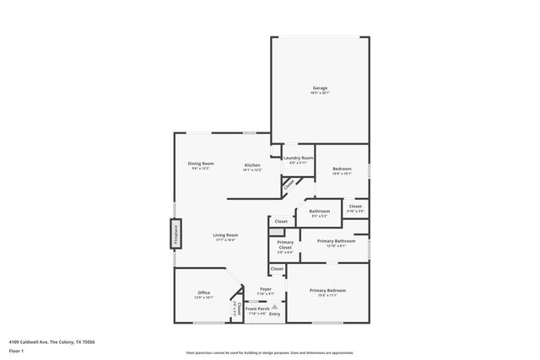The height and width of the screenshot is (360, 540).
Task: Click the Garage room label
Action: [320, 88]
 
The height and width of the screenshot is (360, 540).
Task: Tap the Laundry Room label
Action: [299, 159]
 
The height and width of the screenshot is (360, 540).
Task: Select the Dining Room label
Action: [201, 164]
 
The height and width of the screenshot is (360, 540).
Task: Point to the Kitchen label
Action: [252, 165]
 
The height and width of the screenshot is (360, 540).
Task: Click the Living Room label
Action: [225, 235]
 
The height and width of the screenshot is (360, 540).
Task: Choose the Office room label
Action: [204, 293]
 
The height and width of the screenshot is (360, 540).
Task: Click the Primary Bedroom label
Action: [328, 290]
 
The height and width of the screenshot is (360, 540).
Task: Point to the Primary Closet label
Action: [285, 245]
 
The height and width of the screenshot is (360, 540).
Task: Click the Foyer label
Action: [266, 289]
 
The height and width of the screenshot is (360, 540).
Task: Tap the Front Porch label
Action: [257, 310]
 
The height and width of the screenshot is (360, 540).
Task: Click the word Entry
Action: [274, 314]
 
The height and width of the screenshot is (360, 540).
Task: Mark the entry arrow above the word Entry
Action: [274, 306]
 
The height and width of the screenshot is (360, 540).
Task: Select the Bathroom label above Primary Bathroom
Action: [320, 211]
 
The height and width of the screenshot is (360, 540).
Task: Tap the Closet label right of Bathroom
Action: [355, 206]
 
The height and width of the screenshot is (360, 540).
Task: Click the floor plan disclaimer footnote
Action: [270, 352]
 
